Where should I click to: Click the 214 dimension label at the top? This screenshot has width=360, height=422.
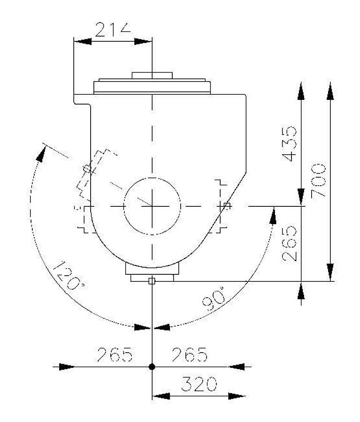click(x=113, y=30)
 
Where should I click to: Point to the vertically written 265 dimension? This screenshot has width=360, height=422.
click(x=289, y=243)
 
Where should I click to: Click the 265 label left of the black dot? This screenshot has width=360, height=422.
click(x=115, y=354)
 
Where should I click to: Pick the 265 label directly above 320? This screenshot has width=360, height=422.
click(x=190, y=354)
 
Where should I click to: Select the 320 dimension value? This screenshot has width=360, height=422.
click(x=199, y=384)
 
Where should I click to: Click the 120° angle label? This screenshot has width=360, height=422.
click(x=69, y=275)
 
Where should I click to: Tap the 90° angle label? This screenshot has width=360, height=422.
click(x=214, y=299)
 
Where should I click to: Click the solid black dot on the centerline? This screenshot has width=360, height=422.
click(x=152, y=367)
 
